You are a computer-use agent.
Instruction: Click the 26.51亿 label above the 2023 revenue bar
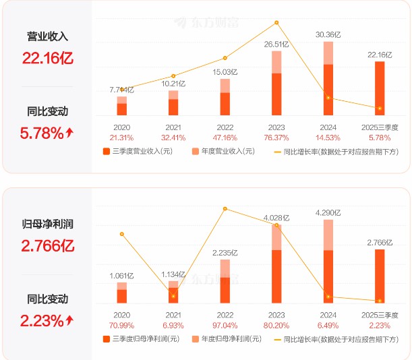276,44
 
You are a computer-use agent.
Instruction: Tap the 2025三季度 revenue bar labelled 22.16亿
380,88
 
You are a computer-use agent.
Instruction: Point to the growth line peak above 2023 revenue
276,23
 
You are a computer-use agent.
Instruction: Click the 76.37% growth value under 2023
276,137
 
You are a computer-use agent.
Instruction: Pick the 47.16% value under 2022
225,137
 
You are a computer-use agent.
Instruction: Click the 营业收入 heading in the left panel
47,36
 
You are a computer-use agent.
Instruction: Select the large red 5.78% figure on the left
42,133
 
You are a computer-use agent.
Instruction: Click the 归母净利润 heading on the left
47,223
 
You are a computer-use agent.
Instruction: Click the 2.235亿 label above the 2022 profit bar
225,253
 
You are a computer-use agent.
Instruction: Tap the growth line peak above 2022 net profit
225,209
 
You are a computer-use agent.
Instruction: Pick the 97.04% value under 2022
225,324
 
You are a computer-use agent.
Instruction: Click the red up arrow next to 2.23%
69,320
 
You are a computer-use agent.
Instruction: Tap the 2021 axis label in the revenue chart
173,127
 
